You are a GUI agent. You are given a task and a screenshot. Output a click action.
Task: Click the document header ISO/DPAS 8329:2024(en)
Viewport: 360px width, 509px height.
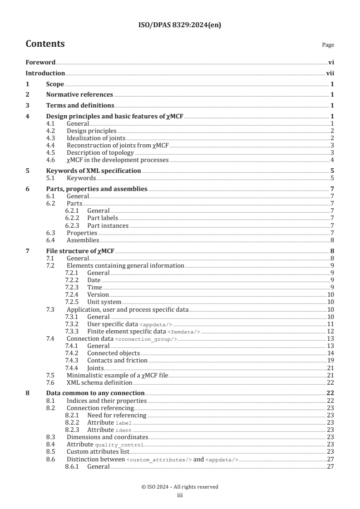click(180, 25)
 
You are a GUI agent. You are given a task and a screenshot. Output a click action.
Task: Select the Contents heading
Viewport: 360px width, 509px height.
click(45, 44)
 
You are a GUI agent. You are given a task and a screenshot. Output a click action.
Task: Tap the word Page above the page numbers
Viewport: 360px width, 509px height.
click(328, 45)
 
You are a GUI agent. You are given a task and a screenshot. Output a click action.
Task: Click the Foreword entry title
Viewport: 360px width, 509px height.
click(40, 62)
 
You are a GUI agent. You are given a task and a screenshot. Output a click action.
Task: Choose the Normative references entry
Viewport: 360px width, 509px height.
click(79, 95)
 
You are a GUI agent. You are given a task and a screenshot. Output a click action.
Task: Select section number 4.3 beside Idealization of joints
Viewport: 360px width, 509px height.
click(51, 138)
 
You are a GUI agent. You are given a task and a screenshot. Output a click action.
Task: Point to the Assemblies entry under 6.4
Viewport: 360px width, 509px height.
click(83, 240)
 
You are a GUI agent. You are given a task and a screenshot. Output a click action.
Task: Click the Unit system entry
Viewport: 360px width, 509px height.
click(104, 302)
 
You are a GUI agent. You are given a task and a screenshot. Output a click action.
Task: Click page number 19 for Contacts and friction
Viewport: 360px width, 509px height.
click(331, 360)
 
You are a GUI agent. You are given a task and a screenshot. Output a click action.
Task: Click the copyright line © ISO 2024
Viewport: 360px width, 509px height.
click(180, 487)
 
